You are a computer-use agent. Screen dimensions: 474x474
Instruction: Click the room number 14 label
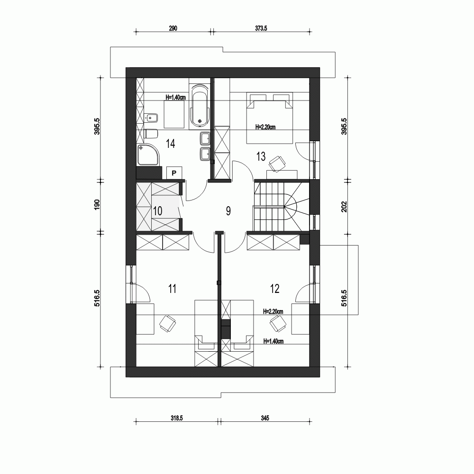pyautogui.click(x=171, y=144)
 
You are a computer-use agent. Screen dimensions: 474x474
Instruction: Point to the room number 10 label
pyautogui.click(x=158, y=211)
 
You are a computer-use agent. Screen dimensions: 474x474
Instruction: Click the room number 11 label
pyautogui.click(x=173, y=288)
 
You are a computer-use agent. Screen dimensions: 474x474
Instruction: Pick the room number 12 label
pyautogui.click(x=275, y=288)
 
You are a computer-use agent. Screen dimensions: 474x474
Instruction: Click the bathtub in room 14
pyautogui.click(x=199, y=106)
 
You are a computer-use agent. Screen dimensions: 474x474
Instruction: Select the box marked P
pyautogui.click(x=174, y=173)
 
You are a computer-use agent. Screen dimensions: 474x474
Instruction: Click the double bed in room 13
pyautogui.click(x=268, y=118)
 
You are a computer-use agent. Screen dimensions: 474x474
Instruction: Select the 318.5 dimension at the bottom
pyautogui.click(x=177, y=418)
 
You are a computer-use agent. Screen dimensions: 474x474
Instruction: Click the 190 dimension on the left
pyautogui.click(x=97, y=205)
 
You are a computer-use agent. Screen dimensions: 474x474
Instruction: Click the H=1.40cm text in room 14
pyautogui.click(x=175, y=97)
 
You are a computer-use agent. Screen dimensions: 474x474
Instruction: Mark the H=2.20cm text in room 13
pyautogui.click(x=265, y=127)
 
